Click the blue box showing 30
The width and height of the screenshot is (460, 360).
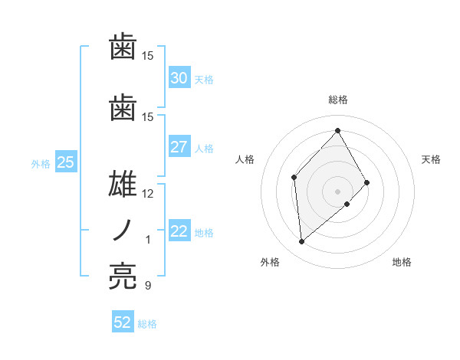pos(179,78)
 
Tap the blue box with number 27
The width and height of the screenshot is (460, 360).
pos(179,147)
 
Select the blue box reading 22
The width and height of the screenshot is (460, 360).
pos(179,231)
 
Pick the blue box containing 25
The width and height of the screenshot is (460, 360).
pos(65,162)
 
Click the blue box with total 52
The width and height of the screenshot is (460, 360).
pos(123,322)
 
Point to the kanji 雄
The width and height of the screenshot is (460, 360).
pos(123,185)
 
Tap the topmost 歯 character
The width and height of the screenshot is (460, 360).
pos(123,47)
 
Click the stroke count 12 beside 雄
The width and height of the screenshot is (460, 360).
pos(148,194)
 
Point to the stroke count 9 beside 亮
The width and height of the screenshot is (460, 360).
pos(147,286)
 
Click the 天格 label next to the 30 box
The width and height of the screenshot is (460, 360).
pos(204,79)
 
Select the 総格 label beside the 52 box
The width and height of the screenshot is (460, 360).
pos(147,323)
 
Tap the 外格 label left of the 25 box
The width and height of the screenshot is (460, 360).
pos(40,163)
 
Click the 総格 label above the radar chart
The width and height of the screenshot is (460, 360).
pos(337,100)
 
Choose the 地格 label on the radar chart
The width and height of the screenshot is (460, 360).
pos(402,263)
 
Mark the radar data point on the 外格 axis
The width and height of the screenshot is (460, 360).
pos(302,242)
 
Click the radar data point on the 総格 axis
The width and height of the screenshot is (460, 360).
pos(337,130)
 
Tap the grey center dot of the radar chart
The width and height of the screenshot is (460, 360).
pos(337,191)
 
